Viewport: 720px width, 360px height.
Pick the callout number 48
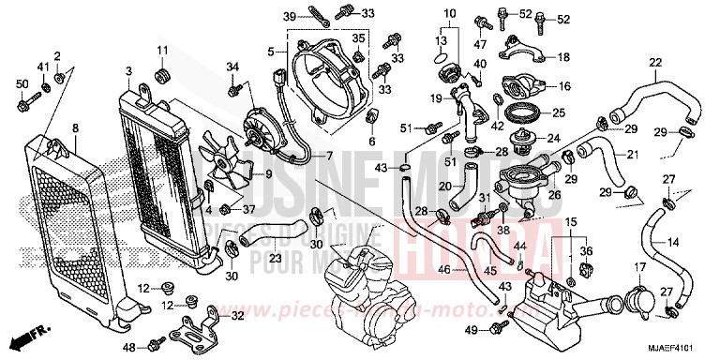[x=129, y=348]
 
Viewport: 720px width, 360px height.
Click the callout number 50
[x=22, y=86]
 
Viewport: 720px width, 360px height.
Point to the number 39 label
[x=291, y=16]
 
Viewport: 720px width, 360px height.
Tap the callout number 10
[x=449, y=13]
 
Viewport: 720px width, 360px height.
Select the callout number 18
[x=562, y=57]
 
